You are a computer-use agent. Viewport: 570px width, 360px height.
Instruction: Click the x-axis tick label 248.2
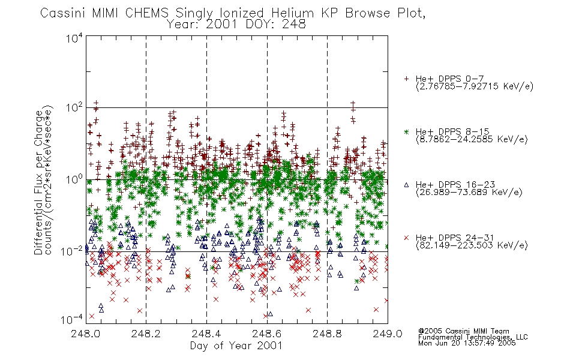(x=146, y=334)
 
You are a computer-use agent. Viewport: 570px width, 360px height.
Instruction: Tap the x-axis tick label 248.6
(x=267, y=334)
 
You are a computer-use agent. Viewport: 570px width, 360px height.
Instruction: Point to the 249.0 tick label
(x=388, y=334)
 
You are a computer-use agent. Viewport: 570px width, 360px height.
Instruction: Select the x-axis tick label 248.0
(x=86, y=334)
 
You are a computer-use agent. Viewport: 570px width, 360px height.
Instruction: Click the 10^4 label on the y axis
(x=74, y=38)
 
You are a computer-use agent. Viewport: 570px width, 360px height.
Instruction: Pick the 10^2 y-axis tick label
(x=74, y=108)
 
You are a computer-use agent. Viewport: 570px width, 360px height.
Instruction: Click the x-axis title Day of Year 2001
(x=236, y=346)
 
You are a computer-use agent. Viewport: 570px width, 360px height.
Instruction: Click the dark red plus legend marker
(x=406, y=79)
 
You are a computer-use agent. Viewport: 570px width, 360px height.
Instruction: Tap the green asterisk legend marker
(x=406, y=131)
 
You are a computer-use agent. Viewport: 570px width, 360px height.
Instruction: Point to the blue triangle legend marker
(x=406, y=185)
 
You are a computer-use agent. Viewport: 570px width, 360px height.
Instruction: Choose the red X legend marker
(x=406, y=238)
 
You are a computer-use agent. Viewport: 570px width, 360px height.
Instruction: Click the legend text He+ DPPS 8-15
(x=452, y=131)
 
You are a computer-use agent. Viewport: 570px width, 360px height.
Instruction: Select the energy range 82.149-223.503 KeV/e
(x=472, y=245)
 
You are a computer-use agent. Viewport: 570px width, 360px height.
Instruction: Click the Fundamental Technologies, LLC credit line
(x=473, y=337)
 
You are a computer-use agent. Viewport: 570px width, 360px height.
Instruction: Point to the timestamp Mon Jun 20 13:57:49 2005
(x=467, y=343)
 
